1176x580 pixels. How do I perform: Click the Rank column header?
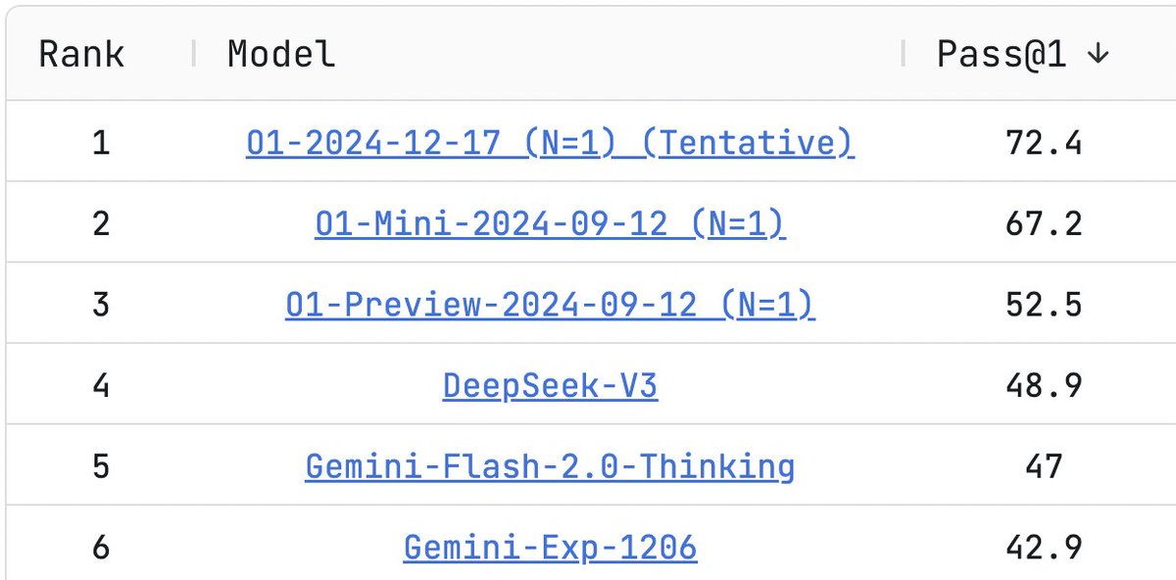[81, 54]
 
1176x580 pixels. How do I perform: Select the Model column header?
[281, 54]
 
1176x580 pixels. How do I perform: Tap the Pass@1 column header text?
[1002, 55]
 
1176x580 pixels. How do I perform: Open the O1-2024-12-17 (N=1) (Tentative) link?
[550, 143]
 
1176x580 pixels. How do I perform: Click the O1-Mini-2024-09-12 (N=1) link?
[550, 224]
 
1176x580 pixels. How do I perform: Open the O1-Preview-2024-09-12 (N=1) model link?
[550, 305]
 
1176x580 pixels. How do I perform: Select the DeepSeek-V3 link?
[550, 386]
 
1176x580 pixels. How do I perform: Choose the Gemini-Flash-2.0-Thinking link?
[550, 467]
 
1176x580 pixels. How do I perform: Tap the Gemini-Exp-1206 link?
[550, 548]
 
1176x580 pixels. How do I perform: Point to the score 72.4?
[1044, 143]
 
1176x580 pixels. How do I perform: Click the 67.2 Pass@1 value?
[1044, 223]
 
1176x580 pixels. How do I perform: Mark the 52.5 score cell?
[1044, 305]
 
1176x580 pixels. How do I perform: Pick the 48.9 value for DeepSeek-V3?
[1044, 386]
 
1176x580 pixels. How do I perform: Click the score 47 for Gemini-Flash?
[1044, 466]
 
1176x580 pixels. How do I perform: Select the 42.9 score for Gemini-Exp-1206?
[1044, 548]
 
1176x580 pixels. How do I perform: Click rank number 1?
[101, 143]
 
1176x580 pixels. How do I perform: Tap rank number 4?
[101, 386]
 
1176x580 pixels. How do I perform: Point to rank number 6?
[101, 548]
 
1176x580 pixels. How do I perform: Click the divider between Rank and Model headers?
[194, 53]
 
